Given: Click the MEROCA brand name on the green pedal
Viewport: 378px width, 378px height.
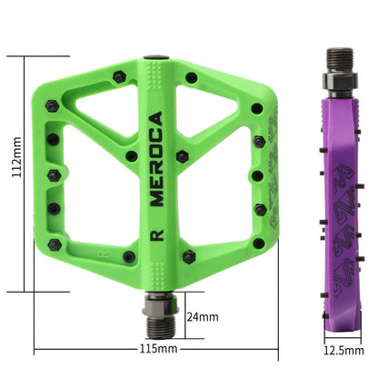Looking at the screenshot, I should [155, 160].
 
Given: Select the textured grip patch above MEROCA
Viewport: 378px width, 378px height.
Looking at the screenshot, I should [155, 86].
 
